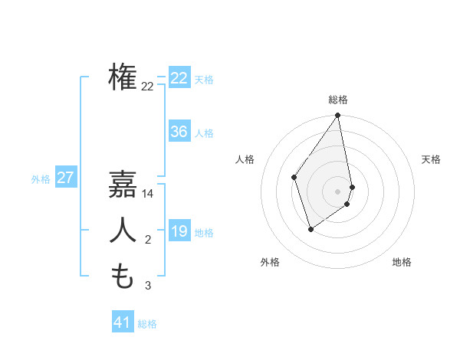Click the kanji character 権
[123, 77]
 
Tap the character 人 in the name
[123, 231]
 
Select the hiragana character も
[123, 277]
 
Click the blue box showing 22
[179, 78]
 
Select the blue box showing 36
[179, 132]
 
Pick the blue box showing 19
[179, 231]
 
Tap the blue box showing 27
[66, 178]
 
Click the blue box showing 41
[123, 322]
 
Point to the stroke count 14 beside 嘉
[148, 195]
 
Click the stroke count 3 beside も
[148, 286]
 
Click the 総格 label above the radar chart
[338, 100]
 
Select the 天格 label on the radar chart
[431, 159]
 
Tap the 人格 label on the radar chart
[245, 159]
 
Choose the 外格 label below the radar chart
[269, 262]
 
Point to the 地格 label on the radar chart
[402, 262]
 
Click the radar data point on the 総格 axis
[337, 116]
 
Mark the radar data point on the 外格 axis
[310, 228]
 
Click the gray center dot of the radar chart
[337, 191]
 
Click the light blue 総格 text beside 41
[147, 324]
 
